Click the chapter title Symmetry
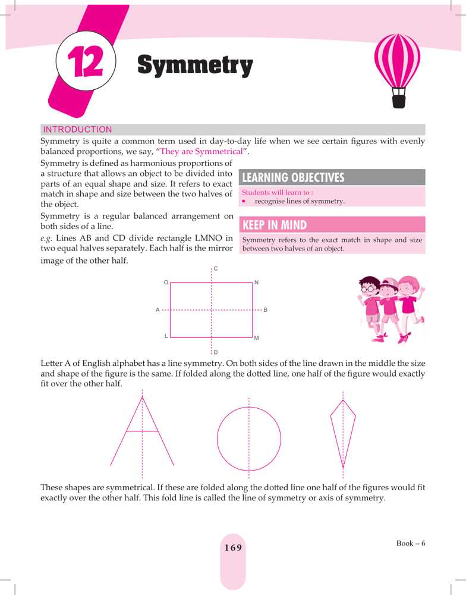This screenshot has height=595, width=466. [195, 65]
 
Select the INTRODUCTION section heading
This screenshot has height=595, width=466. [77, 129]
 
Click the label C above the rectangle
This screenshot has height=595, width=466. [216, 269]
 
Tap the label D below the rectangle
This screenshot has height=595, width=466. [215, 353]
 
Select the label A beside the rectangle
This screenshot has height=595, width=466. [158, 310]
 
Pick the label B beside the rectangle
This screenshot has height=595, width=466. [265, 310]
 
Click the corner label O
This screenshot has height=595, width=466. [166, 282]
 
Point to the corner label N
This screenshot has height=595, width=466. [256, 282]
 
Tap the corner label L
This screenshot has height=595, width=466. [166, 336]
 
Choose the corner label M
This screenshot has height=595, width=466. [256, 338]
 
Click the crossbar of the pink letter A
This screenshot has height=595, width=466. [142, 430]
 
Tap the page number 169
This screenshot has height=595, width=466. [233, 548]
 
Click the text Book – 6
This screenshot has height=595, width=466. [411, 543]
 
